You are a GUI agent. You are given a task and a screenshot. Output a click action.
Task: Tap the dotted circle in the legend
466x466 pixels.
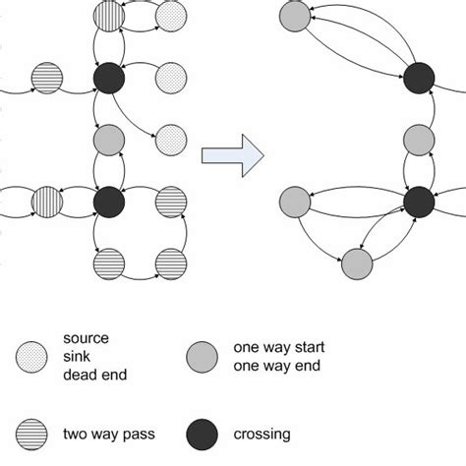[33, 355]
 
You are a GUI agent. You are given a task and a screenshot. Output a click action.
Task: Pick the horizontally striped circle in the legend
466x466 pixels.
[33, 433]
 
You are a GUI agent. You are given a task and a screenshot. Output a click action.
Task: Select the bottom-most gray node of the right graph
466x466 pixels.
[356, 262]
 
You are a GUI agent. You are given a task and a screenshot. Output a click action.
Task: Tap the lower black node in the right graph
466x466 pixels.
[420, 201]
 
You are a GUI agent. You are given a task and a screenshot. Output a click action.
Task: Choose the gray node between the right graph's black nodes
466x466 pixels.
[420, 139]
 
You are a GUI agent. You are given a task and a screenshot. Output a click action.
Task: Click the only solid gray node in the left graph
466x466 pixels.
[107, 139]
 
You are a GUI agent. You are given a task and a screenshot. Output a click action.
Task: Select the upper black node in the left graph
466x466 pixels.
[107, 76]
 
